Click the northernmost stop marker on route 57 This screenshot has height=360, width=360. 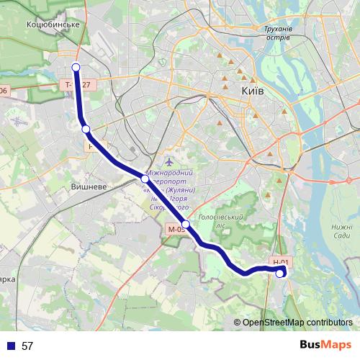point(76,68)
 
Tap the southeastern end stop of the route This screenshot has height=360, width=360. point(280,273)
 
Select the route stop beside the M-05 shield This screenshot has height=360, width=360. point(186,225)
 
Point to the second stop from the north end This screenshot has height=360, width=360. point(86,129)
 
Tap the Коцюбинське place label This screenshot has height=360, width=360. point(52,24)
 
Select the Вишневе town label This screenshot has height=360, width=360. point(89,186)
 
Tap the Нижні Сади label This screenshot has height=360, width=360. point(341,231)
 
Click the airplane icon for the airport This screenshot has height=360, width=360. point(169,161)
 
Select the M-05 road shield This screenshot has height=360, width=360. point(176,230)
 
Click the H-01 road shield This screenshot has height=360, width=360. point(281,263)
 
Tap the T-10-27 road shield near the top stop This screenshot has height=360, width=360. point(78,85)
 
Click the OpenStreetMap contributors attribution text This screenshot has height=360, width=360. point(297,322)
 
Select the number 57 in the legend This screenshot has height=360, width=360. point(27,346)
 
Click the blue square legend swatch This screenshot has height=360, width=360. point(11,346)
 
